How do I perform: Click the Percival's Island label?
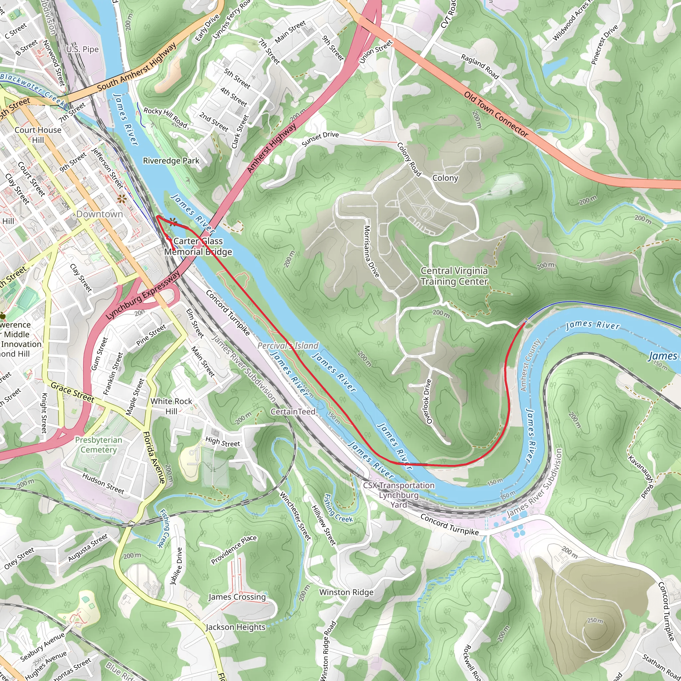click(x=288, y=346)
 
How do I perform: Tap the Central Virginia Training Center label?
click(x=454, y=276)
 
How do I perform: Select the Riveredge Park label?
click(x=171, y=161)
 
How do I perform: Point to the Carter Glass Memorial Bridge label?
click(x=198, y=246)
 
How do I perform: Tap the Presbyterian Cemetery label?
click(x=98, y=445)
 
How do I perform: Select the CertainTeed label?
click(x=293, y=411)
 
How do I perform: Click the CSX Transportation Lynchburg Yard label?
click(x=399, y=495)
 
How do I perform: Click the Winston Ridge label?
click(x=346, y=592)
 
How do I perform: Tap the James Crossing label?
click(x=237, y=597)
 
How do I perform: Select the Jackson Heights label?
click(x=235, y=627)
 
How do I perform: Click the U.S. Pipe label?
click(x=82, y=49)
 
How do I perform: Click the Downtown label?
click(x=99, y=214)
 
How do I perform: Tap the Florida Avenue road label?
click(x=154, y=457)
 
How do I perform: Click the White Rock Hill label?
click(x=171, y=406)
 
